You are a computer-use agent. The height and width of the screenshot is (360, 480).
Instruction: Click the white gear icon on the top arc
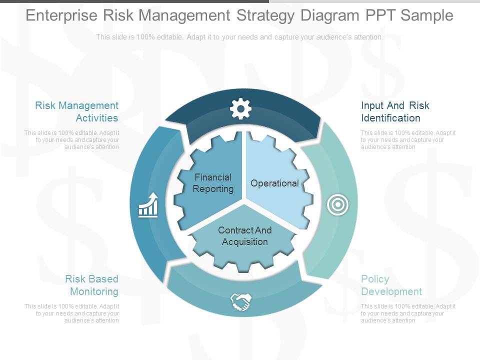pyautogui.click(x=240, y=109)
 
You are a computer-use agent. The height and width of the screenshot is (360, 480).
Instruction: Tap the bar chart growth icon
pyautogui.click(x=148, y=205)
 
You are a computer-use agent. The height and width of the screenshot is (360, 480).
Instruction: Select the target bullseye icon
pyautogui.click(x=338, y=204)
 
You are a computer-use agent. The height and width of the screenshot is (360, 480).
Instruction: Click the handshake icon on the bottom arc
pyautogui.click(x=240, y=301)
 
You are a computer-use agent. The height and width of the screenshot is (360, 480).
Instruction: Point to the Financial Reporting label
pyautogui.click(x=213, y=183)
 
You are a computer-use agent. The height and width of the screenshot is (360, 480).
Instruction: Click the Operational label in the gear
pyautogui.click(x=274, y=183)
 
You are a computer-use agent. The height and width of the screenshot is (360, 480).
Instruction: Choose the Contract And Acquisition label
pyautogui.click(x=244, y=236)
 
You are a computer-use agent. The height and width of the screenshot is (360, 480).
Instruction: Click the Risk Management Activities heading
pyautogui.click(x=77, y=111)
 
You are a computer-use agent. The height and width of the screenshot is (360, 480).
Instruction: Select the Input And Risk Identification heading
pyautogui.click(x=395, y=111)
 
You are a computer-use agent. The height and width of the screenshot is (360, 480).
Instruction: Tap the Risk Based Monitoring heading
pyautogui.click(x=92, y=285)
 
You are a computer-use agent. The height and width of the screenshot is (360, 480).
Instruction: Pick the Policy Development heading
pyautogui.click(x=391, y=285)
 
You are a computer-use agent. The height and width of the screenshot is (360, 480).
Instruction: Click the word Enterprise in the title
pyautogui.click(x=62, y=15)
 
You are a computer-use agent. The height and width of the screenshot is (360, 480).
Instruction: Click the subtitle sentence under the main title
pyautogui.click(x=239, y=37)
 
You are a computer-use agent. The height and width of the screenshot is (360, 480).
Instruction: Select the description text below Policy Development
pyautogui.click(x=408, y=313)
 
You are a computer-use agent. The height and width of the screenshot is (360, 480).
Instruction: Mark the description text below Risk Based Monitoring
pyautogui.click(x=72, y=313)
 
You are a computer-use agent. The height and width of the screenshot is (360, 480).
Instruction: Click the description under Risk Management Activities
pyautogui.click(x=72, y=140)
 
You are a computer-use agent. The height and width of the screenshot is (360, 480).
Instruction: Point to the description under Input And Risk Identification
pyautogui.click(x=408, y=140)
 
